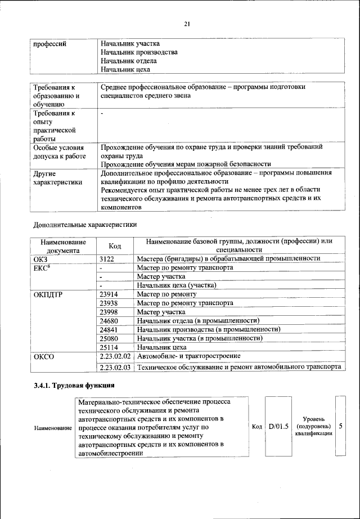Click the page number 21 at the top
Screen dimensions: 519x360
point(187,23)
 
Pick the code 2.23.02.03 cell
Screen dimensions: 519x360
point(115,367)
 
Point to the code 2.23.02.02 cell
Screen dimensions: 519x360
point(115,356)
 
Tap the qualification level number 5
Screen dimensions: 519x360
point(341,427)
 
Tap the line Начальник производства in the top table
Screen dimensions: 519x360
point(139,52)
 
